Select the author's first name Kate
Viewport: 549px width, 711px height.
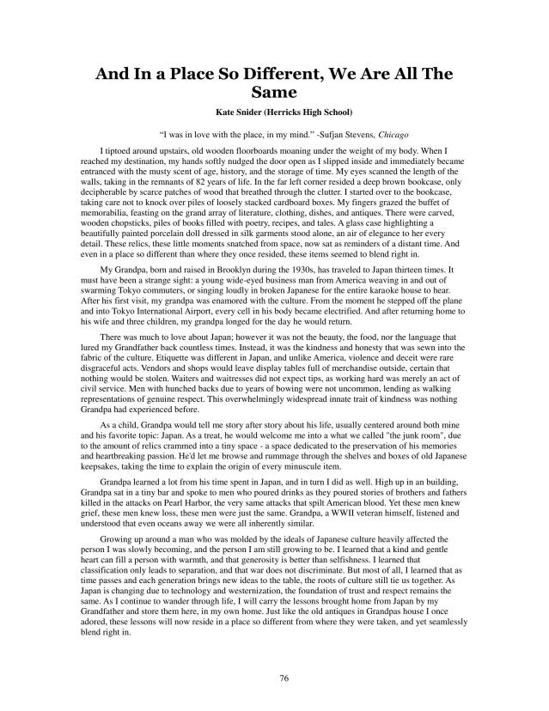(x=226, y=110)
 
